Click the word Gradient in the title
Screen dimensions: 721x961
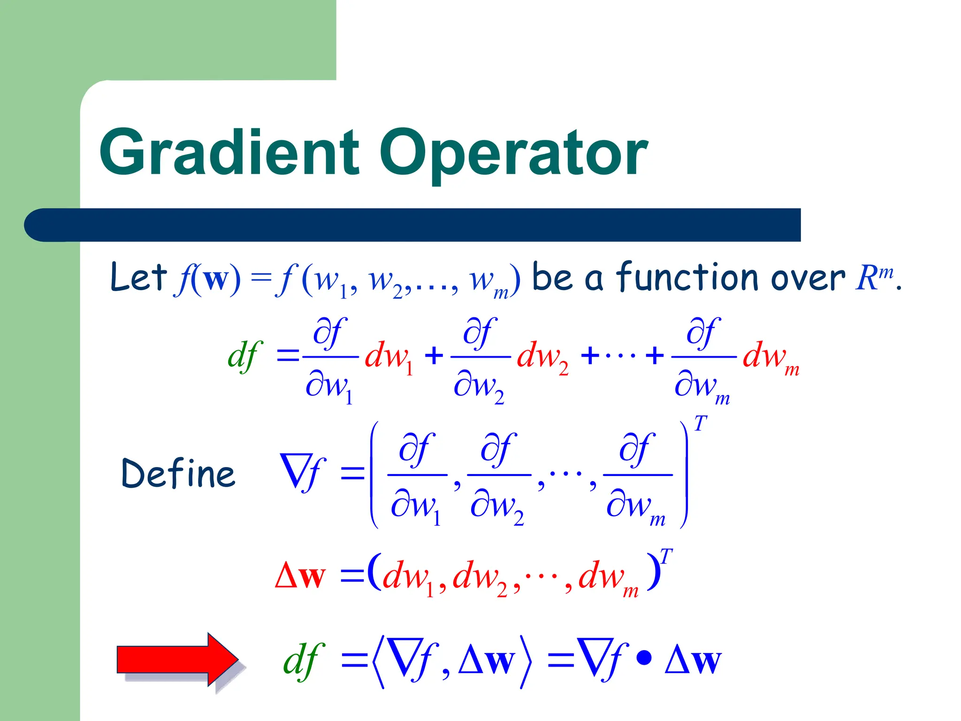click(229, 153)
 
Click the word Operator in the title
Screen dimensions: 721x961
click(514, 153)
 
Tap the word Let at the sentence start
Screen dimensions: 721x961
click(138, 277)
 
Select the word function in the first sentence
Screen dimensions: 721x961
click(687, 277)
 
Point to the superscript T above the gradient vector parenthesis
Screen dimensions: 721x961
click(700, 424)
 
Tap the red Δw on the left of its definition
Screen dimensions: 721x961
click(300, 575)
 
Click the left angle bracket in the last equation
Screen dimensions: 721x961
click(378, 662)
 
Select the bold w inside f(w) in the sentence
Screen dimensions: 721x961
click(216, 279)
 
